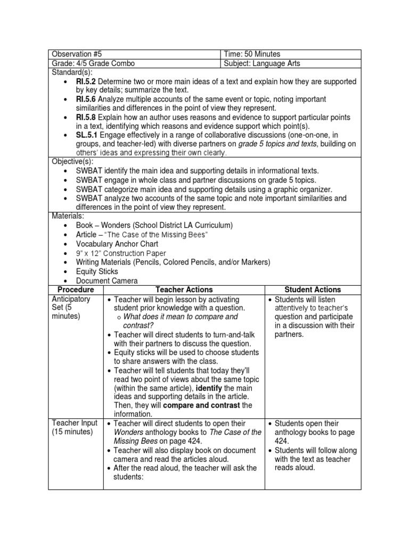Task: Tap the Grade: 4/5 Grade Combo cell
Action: point(93,63)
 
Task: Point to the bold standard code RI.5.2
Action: point(86,81)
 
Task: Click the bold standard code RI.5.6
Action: point(86,100)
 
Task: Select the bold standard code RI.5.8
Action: point(86,118)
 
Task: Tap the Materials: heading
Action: point(66,217)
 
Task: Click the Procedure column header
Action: point(76,290)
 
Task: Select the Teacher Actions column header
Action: point(184,290)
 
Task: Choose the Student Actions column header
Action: point(313,290)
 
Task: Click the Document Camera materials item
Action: point(107,280)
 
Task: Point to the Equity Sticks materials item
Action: point(97,271)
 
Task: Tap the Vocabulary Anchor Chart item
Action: point(117,244)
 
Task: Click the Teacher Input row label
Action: point(75,423)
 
